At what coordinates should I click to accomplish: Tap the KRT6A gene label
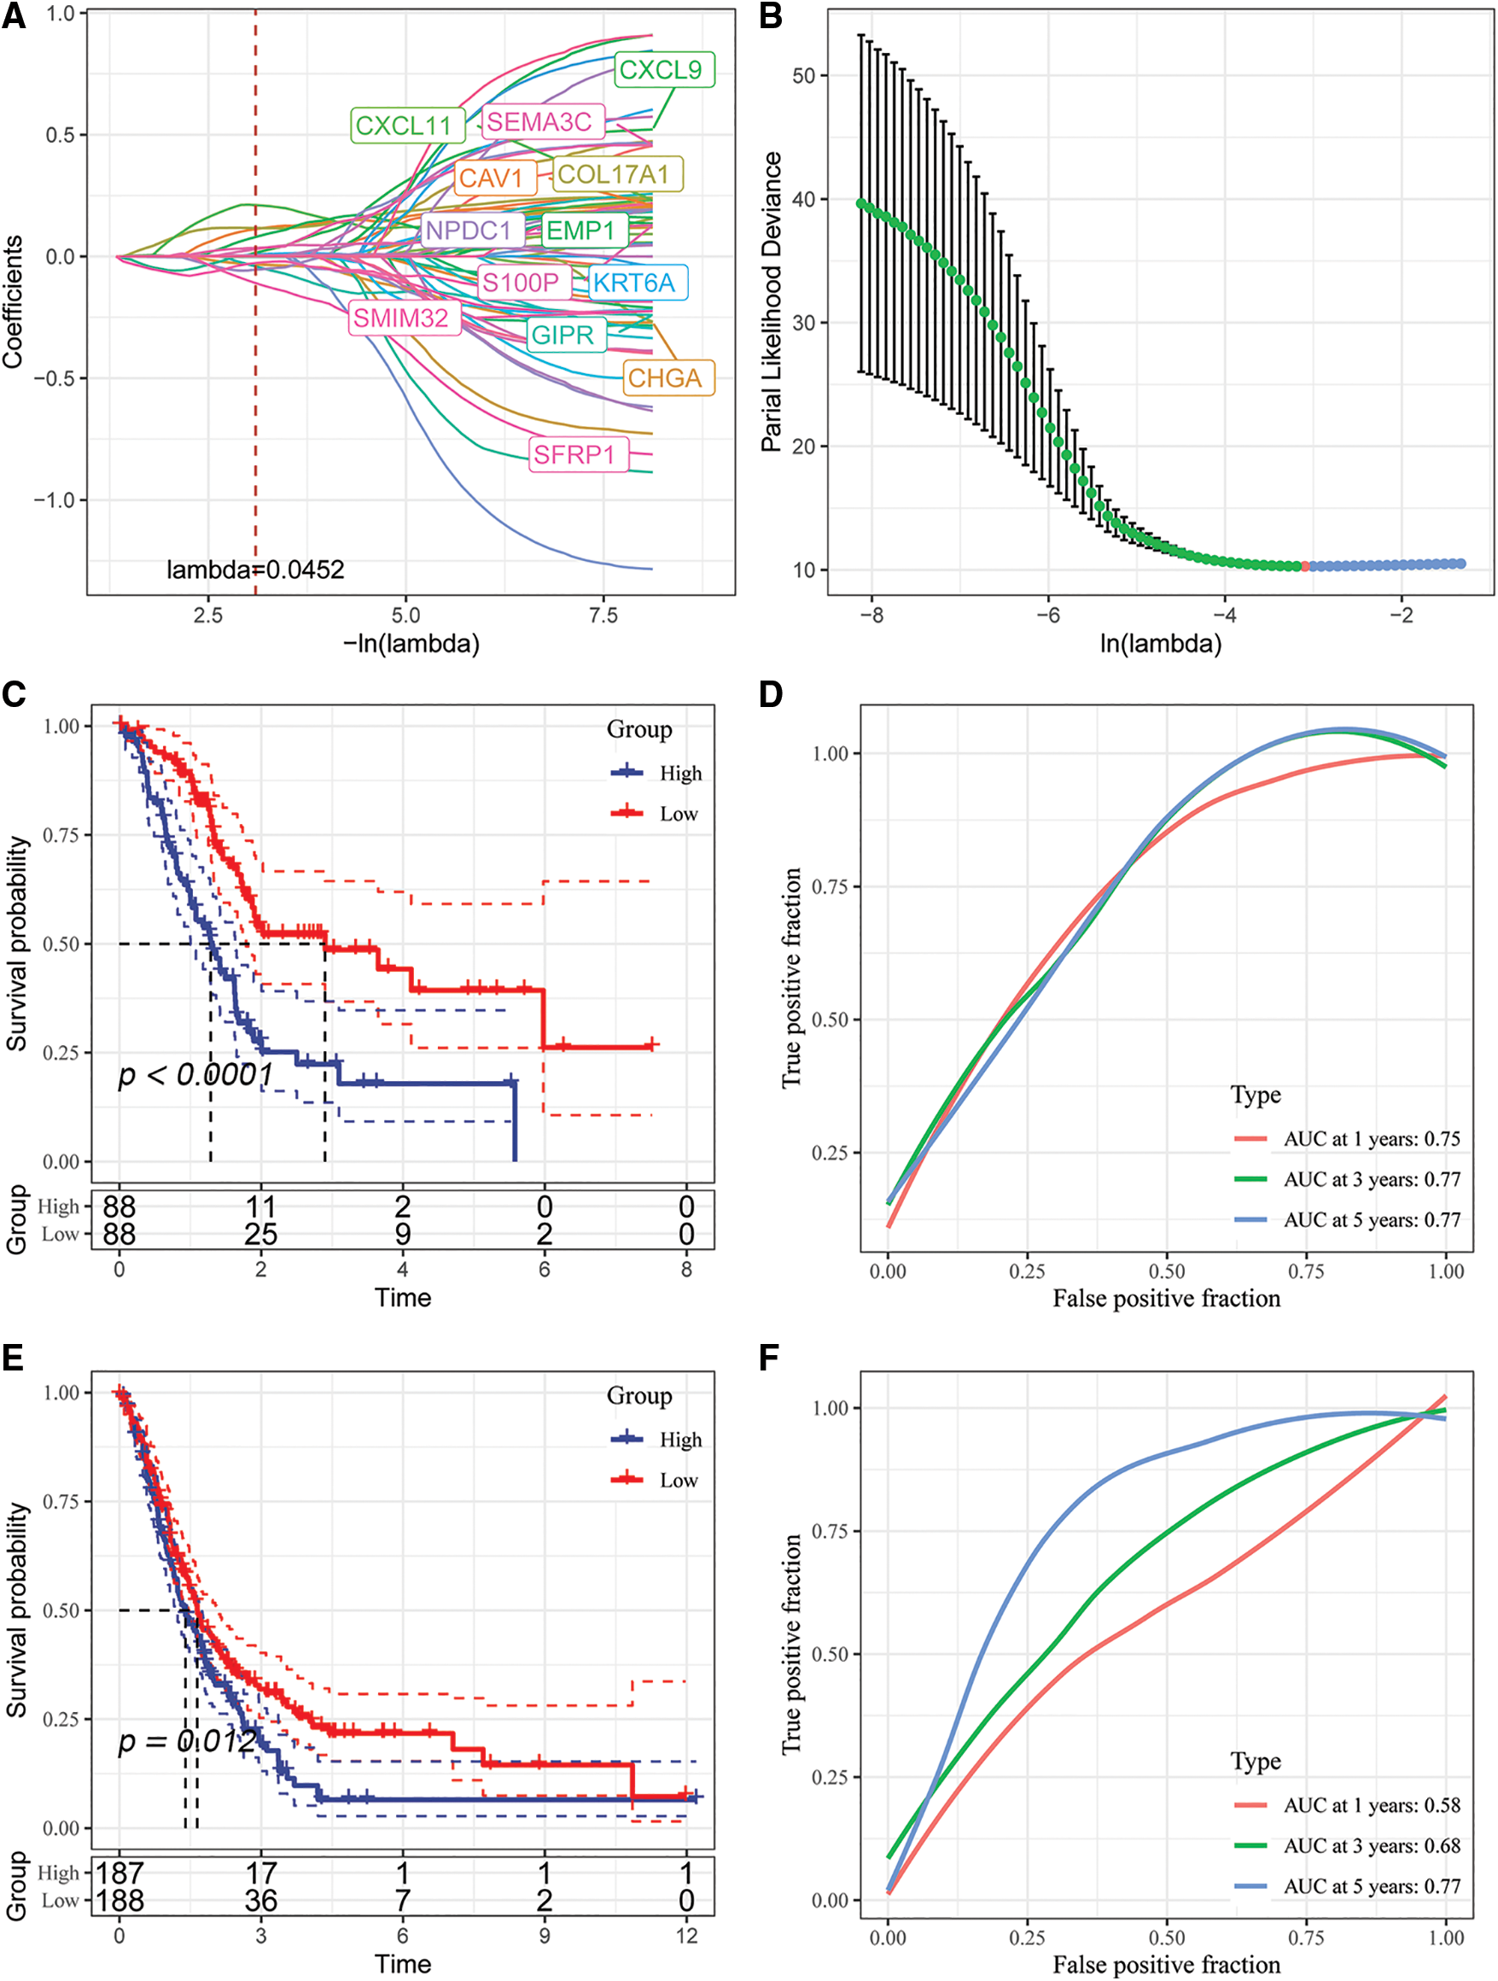pyautogui.click(x=634, y=283)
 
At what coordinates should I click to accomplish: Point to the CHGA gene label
pyautogui.click(x=664, y=378)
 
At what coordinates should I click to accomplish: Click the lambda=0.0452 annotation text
pyautogui.click(x=255, y=570)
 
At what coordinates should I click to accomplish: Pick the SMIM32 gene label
pyautogui.click(x=401, y=318)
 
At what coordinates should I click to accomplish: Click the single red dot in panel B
pyautogui.click(x=1304, y=566)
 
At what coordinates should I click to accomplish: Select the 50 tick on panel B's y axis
pyautogui.click(x=803, y=76)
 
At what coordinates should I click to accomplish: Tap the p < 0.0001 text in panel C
pyautogui.click(x=195, y=1075)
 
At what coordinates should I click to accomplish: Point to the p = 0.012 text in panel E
pyautogui.click(x=188, y=1741)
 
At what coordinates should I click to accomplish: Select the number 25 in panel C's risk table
pyautogui.click(x=260, y=1235)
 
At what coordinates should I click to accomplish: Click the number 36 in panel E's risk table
pyautogui.click(x=260, y=1901)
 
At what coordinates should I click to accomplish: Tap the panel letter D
pyautogui.click(x=770, y=694)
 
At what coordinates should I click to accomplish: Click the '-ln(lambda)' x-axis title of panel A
pyautogui.click(x=411, y=643)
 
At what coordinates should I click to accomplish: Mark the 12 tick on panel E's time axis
pyautogui.click(x=686, y=1936)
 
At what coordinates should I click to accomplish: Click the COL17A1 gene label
pyautogui.click(x=614, y=175)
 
